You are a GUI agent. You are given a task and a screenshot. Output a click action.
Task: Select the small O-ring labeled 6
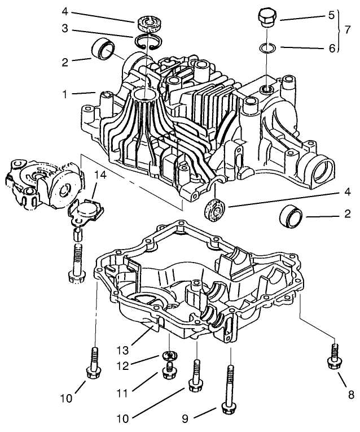pyautogui.click(x=268, y=48)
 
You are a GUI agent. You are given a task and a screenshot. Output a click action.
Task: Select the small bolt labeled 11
pyautogui.click(x=168, y=372)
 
